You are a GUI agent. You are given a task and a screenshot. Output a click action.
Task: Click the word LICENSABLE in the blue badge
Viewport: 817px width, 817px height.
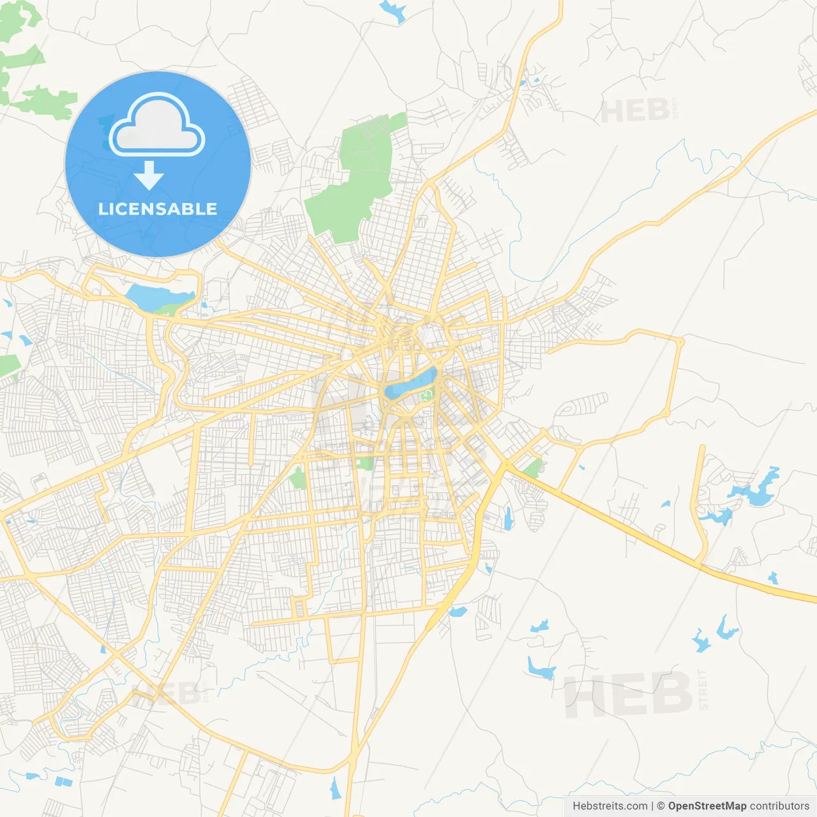click(158, 209)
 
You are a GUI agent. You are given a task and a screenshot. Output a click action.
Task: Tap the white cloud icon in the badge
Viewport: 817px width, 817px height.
click(157, 125)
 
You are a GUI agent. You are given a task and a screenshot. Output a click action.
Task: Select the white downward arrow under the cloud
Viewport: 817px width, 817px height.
click(149, 176)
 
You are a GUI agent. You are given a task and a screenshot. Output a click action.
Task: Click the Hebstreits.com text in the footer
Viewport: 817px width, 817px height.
click(610, 806)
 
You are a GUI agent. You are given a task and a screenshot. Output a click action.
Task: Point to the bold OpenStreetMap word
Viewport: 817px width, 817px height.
click(707, 806)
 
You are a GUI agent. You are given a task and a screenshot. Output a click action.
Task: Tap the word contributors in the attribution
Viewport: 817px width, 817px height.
click(779, 806)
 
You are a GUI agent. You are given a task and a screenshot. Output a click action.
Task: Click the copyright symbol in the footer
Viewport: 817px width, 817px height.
click(661, 806)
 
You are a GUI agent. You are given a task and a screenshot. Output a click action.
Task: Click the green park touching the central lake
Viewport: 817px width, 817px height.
click(426, 396)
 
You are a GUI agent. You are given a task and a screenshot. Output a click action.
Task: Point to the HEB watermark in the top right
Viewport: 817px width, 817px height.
click(634, 111)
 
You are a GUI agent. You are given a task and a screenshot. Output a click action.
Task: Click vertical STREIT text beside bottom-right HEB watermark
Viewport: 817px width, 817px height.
click(703, 689)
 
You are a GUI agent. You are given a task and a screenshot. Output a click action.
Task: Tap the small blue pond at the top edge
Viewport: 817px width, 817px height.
click(392, 11)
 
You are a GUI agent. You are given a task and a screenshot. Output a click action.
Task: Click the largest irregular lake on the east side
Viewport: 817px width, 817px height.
click(756, 489)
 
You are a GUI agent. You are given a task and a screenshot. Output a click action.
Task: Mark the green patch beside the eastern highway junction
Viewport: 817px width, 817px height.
click(532, 468)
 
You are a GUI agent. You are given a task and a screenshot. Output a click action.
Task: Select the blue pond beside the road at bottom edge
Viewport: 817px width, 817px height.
click(336, 789)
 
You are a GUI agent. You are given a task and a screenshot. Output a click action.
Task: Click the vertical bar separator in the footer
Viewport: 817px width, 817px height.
click(652, 806)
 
